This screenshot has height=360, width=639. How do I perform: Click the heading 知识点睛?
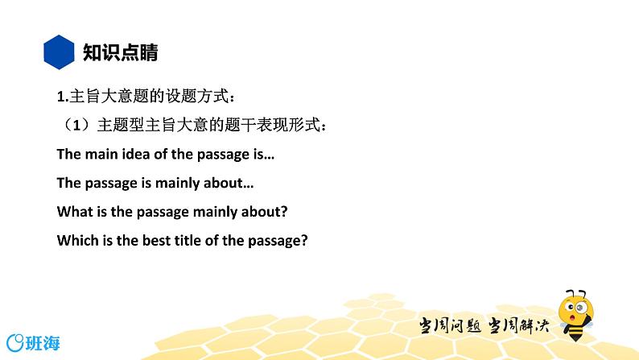coord(121,53)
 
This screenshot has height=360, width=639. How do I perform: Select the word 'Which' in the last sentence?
coord(75,240)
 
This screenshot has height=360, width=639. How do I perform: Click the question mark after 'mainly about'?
coord(286,211)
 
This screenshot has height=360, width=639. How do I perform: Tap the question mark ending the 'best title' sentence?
coord(306,240)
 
